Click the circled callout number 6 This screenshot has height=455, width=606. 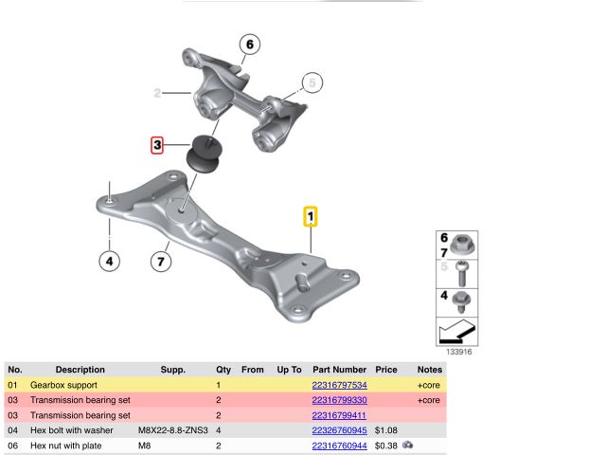250,45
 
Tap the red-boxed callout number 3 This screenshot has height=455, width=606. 157,145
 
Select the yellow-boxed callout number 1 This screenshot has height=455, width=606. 311,216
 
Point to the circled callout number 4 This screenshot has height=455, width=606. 110,262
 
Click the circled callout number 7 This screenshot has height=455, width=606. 161,262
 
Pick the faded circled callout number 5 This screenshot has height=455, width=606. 312,82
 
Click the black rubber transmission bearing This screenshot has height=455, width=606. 205,154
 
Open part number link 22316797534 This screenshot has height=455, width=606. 339,385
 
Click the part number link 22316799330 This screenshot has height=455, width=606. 339,400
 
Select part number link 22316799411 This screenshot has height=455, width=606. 339,415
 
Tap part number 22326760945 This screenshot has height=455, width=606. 339,430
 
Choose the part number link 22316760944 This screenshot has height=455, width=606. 339,446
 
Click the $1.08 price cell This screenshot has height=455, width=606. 386,430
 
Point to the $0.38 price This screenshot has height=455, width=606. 386,446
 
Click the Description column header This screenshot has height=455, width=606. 80,370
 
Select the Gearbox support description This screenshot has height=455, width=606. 63,385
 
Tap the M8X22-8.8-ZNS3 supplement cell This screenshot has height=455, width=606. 173,430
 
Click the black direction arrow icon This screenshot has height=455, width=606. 456,332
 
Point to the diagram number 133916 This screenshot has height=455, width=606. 459,352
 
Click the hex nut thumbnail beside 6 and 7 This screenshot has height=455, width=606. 461,245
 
